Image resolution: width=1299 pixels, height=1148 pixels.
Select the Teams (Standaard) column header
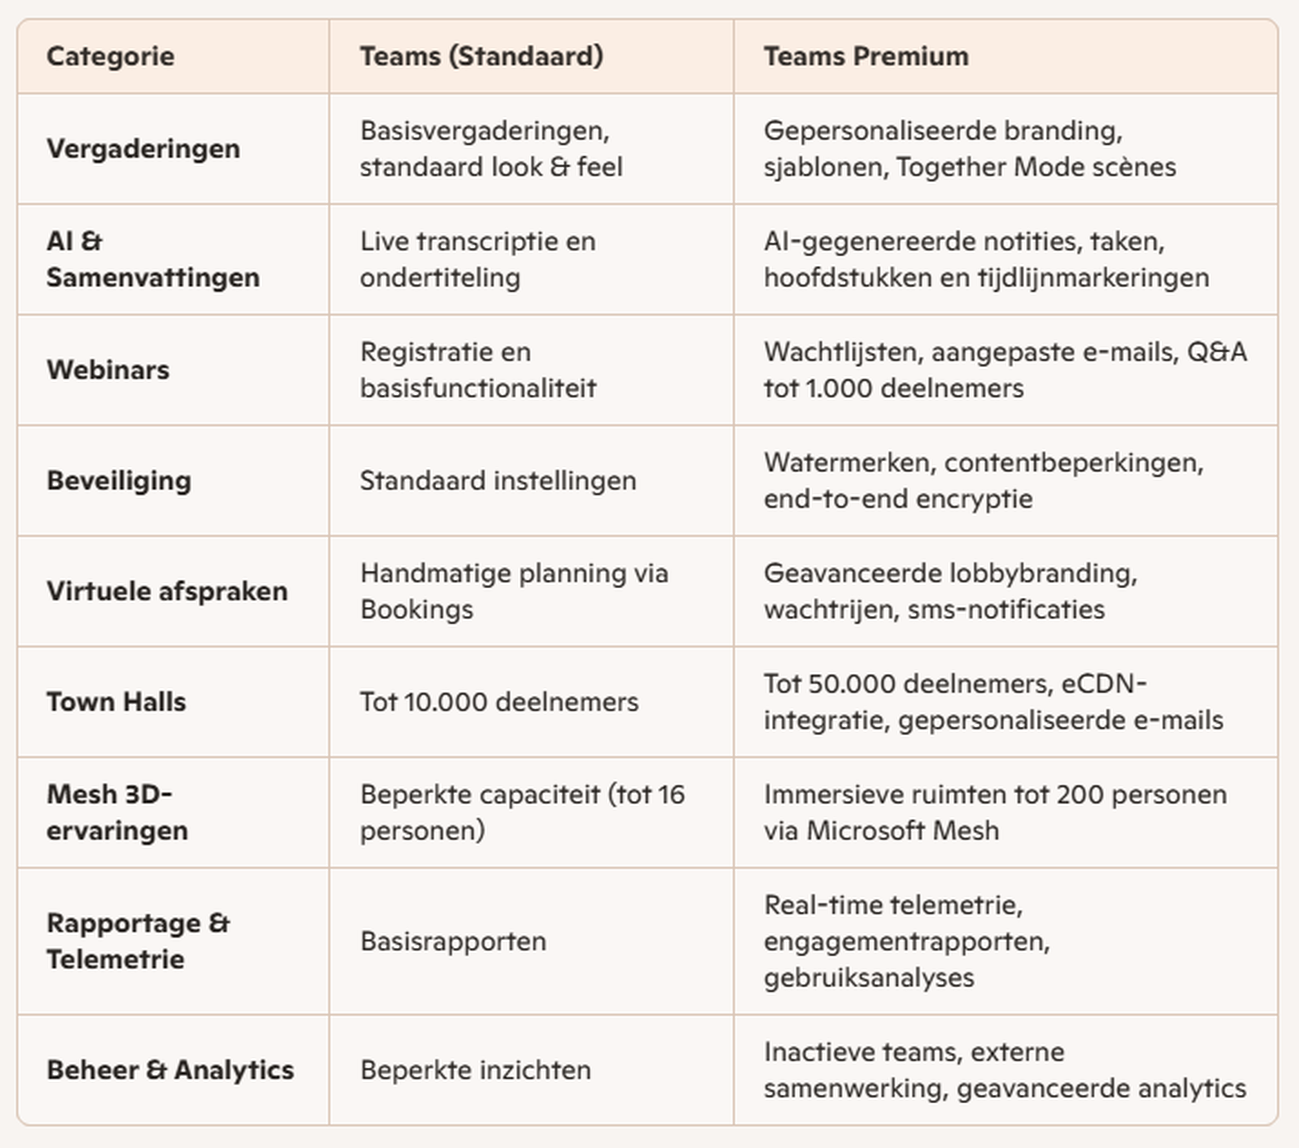tap(481, 56)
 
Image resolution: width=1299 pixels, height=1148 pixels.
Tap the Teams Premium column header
tap(866, 56)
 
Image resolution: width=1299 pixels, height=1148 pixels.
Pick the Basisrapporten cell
tap(453, 941)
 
